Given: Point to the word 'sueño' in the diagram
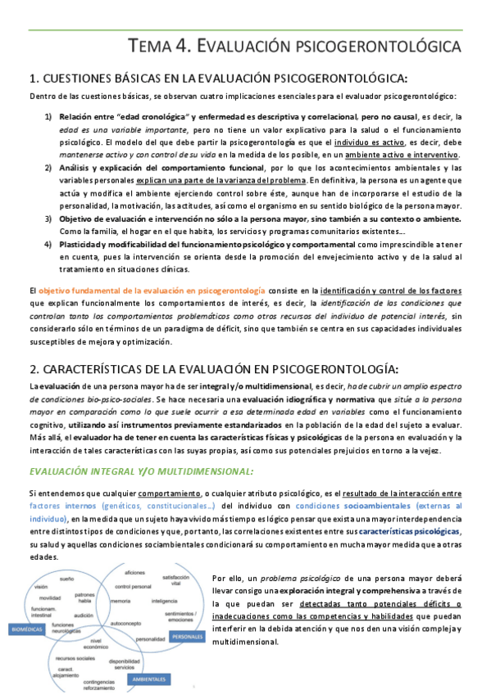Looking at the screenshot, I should point(67,578).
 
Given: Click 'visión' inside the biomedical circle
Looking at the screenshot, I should point(41,588).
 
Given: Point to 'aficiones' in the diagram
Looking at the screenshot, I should point(135,571).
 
